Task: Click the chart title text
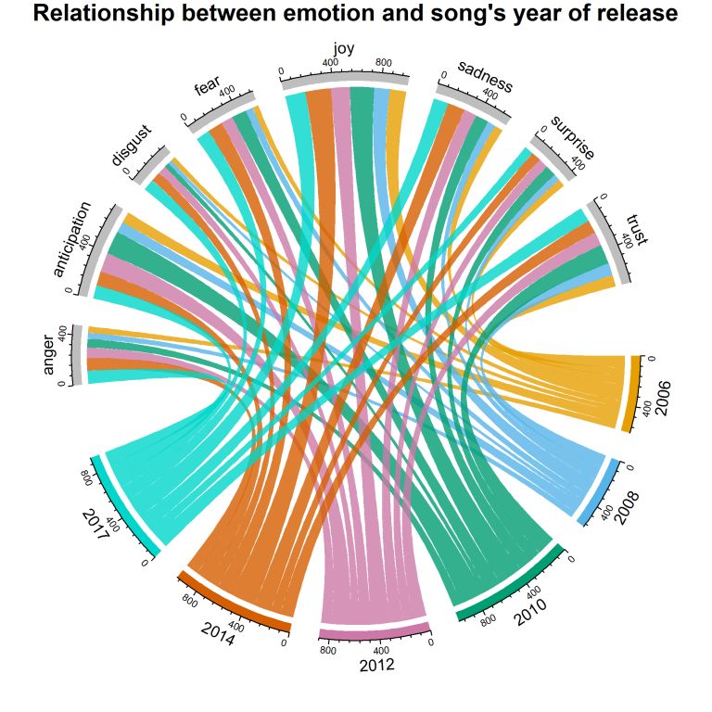click(356, 14)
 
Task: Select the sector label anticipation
click(71, 239)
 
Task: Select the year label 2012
click(376, 665)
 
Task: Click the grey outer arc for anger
click(78, 354)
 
